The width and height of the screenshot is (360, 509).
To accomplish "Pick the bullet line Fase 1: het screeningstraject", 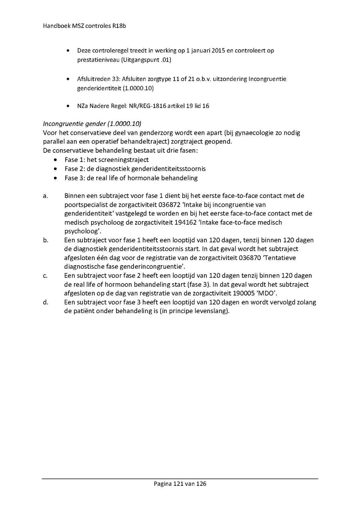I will [106, 160].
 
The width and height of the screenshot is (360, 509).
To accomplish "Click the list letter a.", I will [46, 196].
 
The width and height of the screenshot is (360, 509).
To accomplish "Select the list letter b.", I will [46, 240].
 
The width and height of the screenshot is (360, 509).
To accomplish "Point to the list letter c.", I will [46, 275].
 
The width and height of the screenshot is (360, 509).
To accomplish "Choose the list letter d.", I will [46, 302].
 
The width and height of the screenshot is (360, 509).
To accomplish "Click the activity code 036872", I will [169, 205].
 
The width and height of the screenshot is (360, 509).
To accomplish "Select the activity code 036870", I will [251, 258].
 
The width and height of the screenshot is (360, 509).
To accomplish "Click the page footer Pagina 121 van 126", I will [180, 484].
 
